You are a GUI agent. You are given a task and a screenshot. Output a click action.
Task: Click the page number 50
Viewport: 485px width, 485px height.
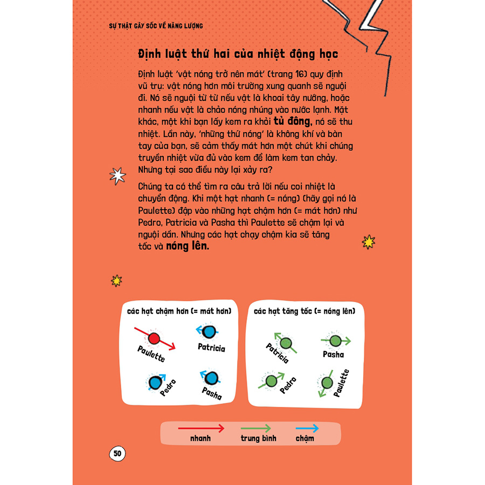(x=117, y=454)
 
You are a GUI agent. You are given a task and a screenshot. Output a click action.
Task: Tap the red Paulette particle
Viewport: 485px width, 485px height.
(x=154, y=338)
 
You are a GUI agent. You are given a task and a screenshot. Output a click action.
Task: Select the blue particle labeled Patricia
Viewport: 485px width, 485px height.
(x=211, y=331)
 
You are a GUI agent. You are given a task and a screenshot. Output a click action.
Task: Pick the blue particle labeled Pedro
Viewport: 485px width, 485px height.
(x=155, y=381)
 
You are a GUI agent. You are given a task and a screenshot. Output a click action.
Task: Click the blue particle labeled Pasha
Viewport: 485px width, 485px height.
(x=211, y=377)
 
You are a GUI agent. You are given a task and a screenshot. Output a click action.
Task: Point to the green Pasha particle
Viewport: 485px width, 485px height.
(x=335, y=341)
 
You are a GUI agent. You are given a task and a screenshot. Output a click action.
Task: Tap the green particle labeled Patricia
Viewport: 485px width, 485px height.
(x=287, y=343)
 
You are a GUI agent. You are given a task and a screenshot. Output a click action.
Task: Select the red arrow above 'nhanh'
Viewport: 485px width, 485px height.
(x=200, y=428)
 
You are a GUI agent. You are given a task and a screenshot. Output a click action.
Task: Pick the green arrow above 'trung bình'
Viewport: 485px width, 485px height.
(x=258, y=428)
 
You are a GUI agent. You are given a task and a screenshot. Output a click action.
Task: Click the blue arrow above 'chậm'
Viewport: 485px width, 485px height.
(x=307, y=428)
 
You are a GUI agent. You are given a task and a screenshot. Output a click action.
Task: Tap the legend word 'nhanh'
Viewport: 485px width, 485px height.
(x=200, y=438)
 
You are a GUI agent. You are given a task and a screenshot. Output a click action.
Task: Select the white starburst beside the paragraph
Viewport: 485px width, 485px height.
(x=116, y=176)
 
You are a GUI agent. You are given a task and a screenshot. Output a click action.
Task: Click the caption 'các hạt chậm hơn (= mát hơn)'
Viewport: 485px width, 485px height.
(x=179, y=311)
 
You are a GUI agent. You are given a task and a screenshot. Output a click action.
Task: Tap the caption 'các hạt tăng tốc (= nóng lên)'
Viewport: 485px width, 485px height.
(x=308, y=311)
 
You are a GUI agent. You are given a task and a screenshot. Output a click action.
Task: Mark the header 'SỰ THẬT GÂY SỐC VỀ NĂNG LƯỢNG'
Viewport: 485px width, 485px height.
(x=156, y=26)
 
